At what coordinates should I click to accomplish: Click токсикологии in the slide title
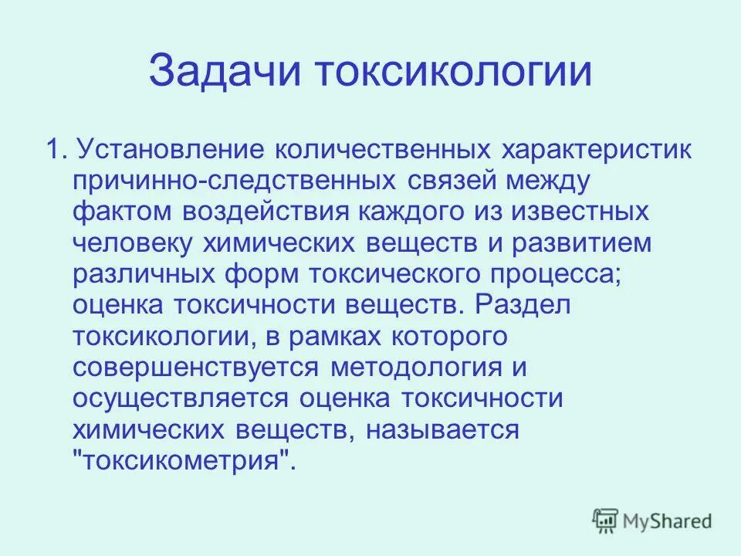click(x=455, y=71)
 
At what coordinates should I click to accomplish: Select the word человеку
click(x=133, y=242)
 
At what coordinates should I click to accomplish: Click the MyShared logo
click(x=652, y=520)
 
